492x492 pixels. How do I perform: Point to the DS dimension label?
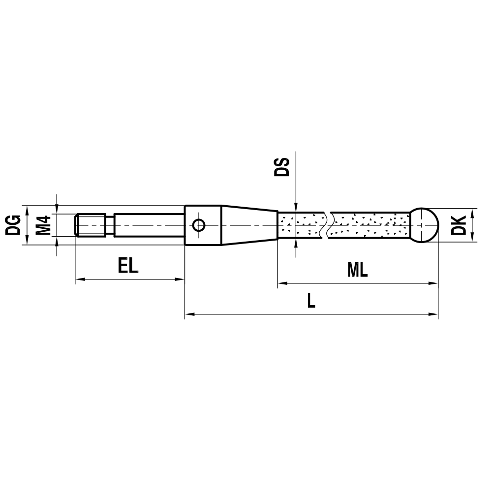282,167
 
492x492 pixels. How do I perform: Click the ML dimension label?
357,270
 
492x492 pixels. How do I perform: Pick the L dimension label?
310,301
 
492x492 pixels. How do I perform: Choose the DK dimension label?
459,225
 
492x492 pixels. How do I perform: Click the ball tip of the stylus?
424,225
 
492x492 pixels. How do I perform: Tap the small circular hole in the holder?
199,225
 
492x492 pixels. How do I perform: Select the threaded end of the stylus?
92,225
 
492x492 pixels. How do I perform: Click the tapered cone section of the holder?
248,225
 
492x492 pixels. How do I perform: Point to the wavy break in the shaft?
328,225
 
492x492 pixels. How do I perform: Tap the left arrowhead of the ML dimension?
282,283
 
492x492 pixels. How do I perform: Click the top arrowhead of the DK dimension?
472,212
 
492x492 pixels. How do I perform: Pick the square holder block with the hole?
203,225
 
